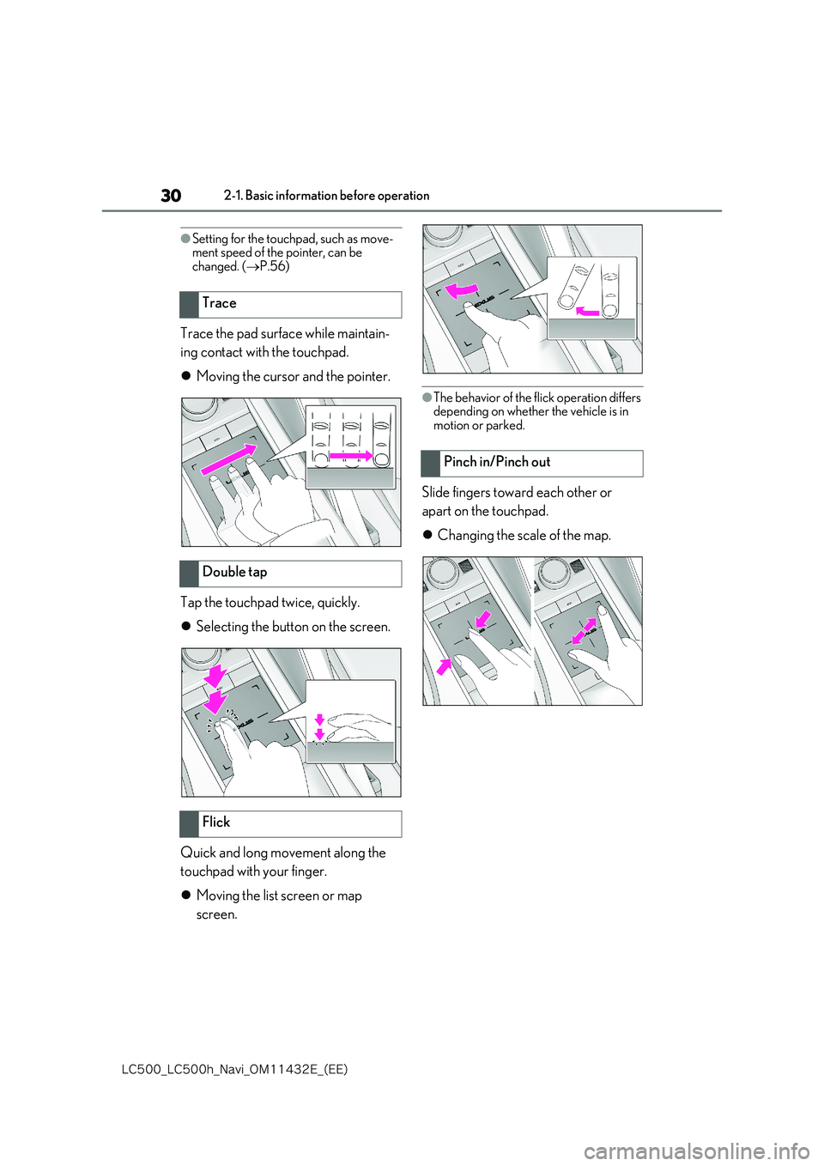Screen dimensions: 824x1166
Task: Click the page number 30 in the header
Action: pyautogui.click(x=171, y=196)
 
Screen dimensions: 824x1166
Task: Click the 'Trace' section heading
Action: pyautogui.click(x=219, y=303)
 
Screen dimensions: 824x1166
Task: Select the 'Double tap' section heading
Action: pyautogui.click(x=234, y=572)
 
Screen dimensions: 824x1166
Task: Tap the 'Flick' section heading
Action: pyautogui.click(x=216, y=822)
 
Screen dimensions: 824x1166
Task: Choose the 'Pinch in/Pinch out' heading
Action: pyautogui.click(x=497, y=462)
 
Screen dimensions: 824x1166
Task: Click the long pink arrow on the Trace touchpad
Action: pyautogui.click(x=229, y=459)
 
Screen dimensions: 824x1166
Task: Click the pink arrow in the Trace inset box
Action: pyautogui.click(x=351, y=456)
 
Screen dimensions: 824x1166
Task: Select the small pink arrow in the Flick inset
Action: pyautogui.click(x=587, y=312)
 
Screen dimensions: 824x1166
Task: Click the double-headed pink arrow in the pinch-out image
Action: pyautogui.click(x=584, y=631)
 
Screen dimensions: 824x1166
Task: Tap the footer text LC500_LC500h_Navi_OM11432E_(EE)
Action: pyautogui.click(x=234, y=1069)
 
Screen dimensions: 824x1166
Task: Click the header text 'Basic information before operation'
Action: pyautogui.click(x=337, y=196)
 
